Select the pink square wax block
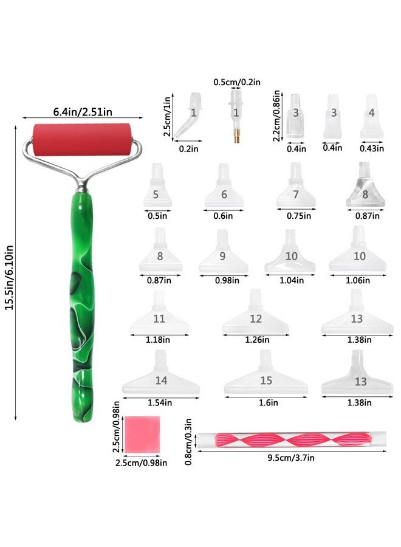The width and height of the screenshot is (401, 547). (x=142, y=435)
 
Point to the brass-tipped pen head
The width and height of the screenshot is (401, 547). (x=236, y=115)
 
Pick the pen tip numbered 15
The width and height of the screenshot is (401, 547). (x=266, y=373)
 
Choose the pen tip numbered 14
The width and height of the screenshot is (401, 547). (x=161, y=373)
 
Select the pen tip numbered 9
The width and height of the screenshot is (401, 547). (x=224, y=251)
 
